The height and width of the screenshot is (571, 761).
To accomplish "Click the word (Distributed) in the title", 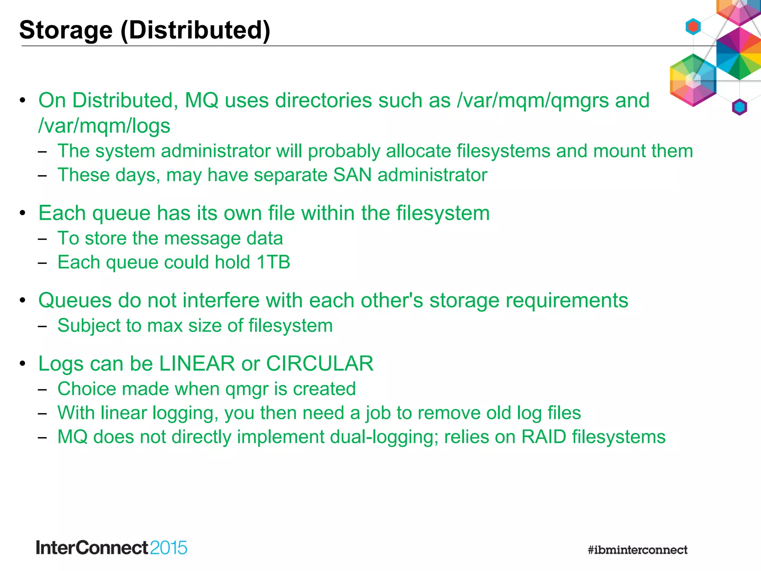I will click(x=195, y=30).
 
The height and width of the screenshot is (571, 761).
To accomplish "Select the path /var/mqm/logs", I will click(x=104, y=126).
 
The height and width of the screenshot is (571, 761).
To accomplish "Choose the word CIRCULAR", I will click(x=320, y=363).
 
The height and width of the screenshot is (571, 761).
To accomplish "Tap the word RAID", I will click(x=544, y=437).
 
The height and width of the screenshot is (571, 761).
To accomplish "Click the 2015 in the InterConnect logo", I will click(x=169, y=548).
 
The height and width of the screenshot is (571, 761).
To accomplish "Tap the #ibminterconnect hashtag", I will click(x=638, y=550).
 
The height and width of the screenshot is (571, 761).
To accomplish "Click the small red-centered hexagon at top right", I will click(x=693, y=27).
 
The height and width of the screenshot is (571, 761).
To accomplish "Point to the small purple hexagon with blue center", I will click(x=739, y=107).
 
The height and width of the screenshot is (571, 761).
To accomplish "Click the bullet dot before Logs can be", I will click(x=23, y=363).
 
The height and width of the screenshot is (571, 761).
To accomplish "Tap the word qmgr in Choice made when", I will click(x=247, y=389).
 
